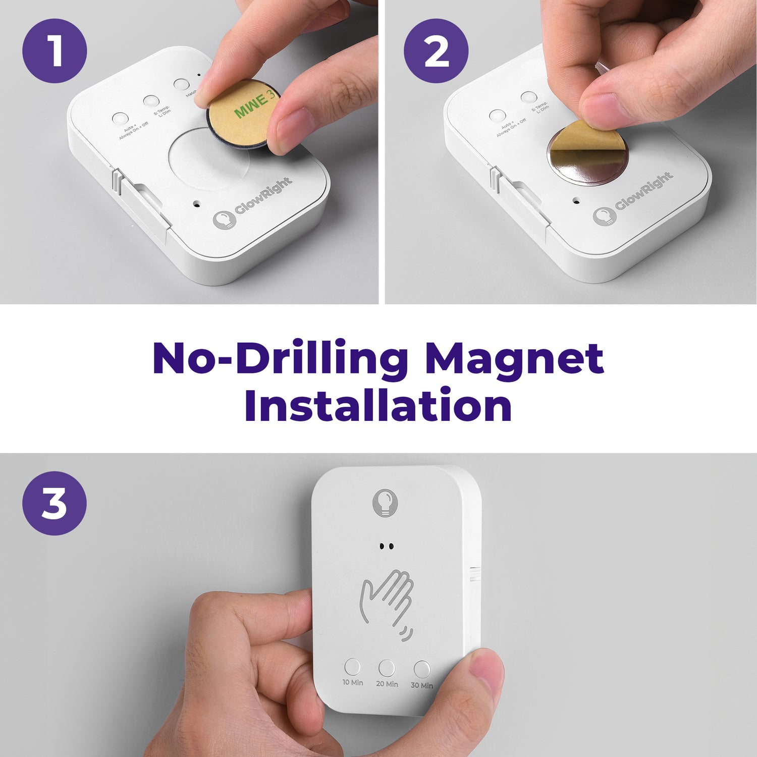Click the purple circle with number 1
55,51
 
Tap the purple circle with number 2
436,51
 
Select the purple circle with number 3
55,503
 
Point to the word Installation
378,406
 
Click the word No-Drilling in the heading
280,358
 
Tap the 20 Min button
387,668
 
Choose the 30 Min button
422,670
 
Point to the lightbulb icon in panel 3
385,502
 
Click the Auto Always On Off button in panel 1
120,119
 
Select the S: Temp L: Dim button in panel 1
150,101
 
